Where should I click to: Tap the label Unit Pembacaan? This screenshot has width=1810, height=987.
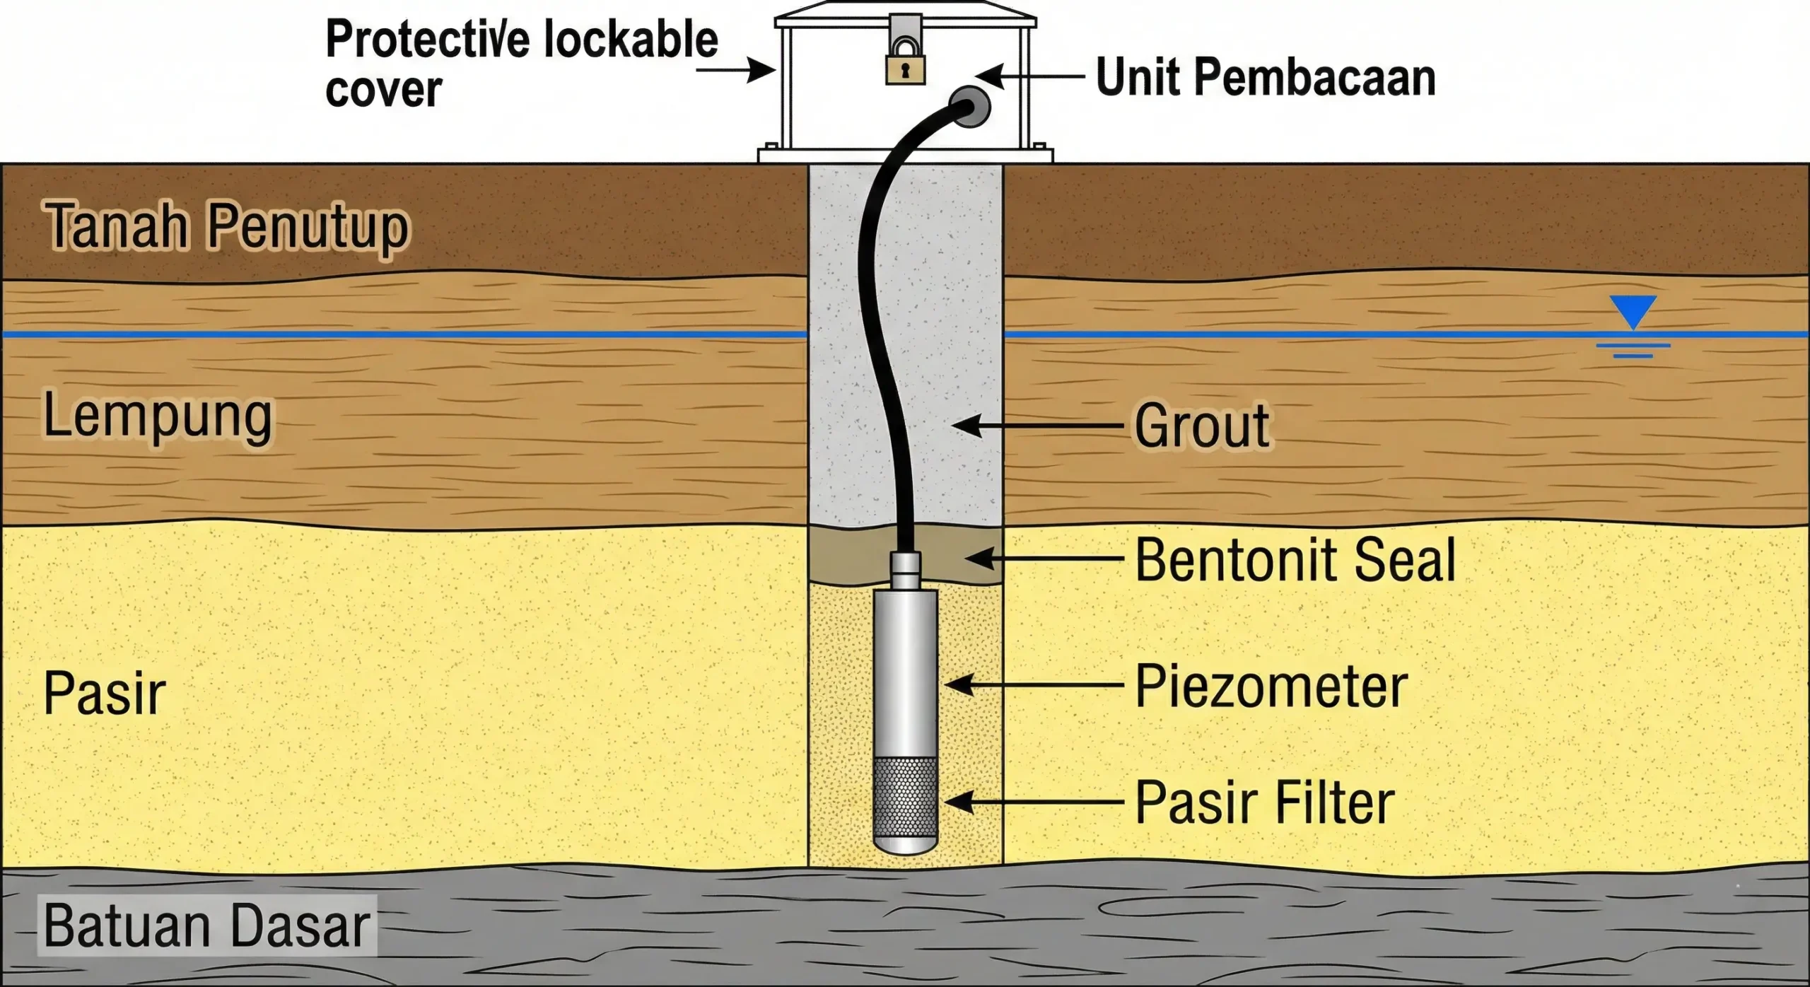click(1266, 77)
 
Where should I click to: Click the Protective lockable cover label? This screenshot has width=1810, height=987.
click(521, 64)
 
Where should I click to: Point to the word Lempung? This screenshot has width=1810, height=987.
click(157, 417)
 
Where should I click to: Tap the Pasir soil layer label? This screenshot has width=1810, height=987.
click(104, 694)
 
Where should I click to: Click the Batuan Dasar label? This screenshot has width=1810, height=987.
click(206, 925)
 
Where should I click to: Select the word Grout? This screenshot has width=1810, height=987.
click(1202, 426)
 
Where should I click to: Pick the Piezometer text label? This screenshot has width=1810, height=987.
click(1271, 687)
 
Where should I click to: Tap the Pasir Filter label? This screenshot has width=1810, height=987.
click(1264, 803)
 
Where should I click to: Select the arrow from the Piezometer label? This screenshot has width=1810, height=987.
click(1032, 685)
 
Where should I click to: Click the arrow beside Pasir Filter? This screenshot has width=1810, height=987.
click(1032, 802)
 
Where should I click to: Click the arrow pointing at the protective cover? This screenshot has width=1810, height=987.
click(735, 71)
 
